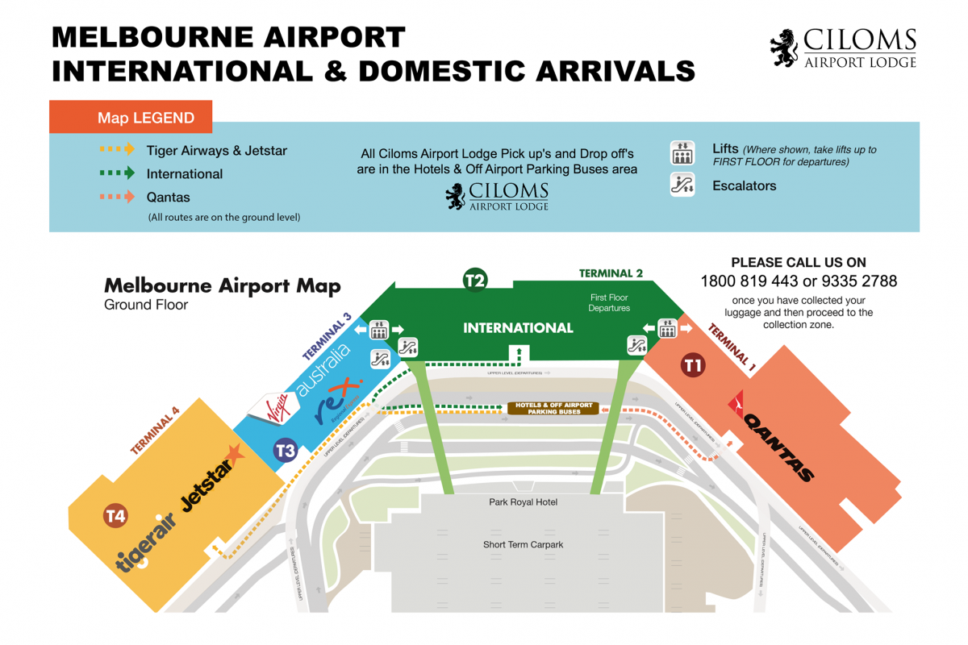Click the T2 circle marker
(x=475, y=280)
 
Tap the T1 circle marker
(x=694, y=365)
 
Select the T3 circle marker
(x=286, y=450)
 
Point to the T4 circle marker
(x=115, y=516)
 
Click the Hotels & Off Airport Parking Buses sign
(x=553, y=409)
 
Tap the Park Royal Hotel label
(x=523, y=502)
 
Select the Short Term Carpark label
(x=523, y=545)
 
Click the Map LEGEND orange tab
(x=131, y=118)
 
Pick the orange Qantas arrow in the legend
(x=117, y=197)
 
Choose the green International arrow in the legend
(x=117, y=173)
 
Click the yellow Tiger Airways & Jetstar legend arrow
(x=117, y=150)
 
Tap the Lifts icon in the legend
(x=682, y=152)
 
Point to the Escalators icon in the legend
(x=682, y=185)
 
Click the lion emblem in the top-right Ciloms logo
(x=785, y=48)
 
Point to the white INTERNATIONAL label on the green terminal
(x=518, y=328)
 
